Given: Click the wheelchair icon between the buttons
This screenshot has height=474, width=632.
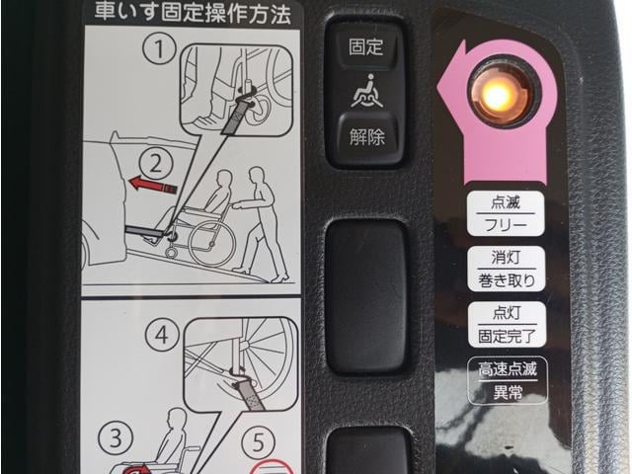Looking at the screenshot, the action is (366, 92).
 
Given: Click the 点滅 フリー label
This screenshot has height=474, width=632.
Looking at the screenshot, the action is (506, 213).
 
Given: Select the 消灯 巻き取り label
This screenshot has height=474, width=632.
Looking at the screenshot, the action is (507, 269).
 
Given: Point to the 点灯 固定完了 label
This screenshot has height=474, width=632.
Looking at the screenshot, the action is (507, 325).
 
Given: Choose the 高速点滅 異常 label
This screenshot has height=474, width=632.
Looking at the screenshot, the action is (508, 380).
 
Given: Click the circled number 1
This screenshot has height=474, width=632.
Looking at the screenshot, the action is (160, 48).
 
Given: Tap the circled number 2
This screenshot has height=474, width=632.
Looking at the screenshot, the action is (156, 164).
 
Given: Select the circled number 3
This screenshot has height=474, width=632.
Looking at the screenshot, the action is (116, 438).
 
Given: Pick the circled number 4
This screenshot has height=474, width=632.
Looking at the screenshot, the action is (162, 336).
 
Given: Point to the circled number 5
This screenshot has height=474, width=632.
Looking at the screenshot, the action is (259, 442).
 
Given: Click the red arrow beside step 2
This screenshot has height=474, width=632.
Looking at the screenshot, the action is (153, 185).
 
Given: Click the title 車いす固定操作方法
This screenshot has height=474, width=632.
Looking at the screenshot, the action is (193, 14).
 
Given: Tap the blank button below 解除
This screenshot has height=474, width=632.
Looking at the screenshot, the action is (366, 295).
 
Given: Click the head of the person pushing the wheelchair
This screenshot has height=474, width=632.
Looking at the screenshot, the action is (258, 176).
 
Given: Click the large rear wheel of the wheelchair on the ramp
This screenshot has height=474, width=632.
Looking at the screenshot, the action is (212, 244).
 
